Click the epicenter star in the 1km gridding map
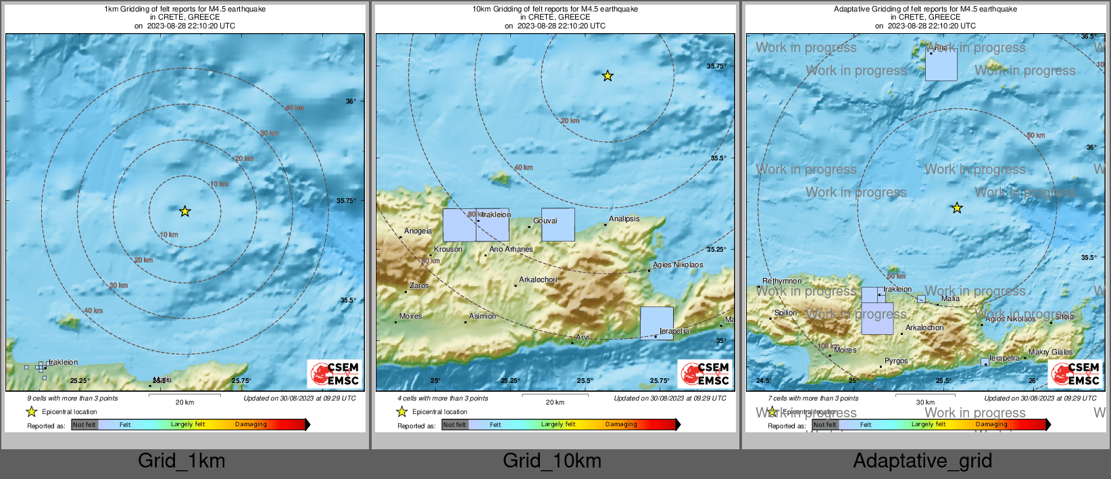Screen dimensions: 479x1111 (184, 212)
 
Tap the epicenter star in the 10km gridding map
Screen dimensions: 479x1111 (608, 76)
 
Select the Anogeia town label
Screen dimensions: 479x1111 (418, 231)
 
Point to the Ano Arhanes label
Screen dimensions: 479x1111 (511, 249)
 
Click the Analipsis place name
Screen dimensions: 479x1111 (624, 219)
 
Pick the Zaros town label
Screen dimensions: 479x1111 (419, 286)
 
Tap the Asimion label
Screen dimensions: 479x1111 (483, 316)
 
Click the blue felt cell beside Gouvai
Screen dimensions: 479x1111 (558, 225)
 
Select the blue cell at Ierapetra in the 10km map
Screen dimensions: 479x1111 (657, 323)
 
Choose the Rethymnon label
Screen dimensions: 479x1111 (782, 281)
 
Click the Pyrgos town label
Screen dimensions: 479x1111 (896, 361)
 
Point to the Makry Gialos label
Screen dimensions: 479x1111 (1050, 352)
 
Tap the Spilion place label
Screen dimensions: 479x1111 (786, 313)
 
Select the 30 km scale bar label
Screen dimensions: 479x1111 (925, 402)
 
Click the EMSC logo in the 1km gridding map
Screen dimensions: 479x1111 (335, 373)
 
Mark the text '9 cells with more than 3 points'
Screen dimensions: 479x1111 (72, 398)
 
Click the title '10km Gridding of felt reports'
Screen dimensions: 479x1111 (555, 9)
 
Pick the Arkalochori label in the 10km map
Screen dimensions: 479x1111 (538, 279)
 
